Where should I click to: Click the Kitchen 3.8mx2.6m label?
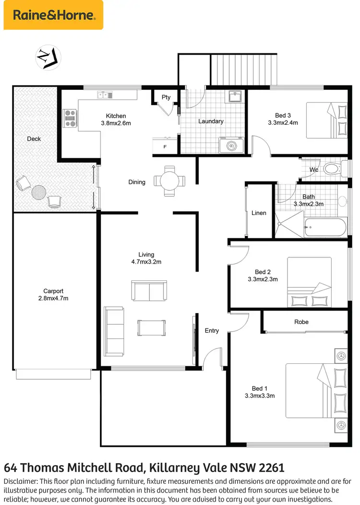[116, 119]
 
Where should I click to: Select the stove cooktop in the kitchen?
[70, 118]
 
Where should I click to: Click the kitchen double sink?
[104, 95]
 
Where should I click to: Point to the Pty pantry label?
[166, 97]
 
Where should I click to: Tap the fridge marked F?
[165, 146]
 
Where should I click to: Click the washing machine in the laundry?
[231, 144]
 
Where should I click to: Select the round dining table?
[169, 181]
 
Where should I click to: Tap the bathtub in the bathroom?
[325, 228]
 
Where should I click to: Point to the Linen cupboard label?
[259, 213]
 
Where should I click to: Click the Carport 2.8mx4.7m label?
[53, 294]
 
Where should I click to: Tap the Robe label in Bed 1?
[301, 322]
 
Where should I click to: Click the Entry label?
[212, 330]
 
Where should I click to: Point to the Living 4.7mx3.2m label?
[146, 258]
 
